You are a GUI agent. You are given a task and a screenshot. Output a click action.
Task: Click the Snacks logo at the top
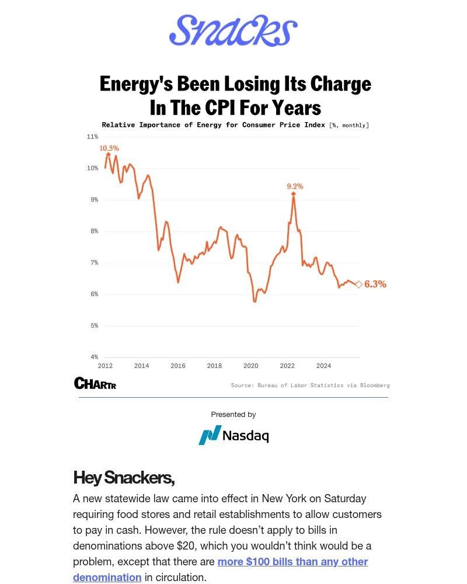tap(233, 30)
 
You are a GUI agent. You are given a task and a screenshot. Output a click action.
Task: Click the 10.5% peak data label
tap(109, 148)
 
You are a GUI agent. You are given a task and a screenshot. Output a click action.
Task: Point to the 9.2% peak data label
tap(295, 186)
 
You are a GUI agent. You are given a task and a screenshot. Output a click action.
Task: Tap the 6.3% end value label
tap(375, 284)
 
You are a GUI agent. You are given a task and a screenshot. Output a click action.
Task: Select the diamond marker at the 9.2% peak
tap(294, 194)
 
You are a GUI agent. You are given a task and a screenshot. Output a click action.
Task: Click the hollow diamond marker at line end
tap(359, 284)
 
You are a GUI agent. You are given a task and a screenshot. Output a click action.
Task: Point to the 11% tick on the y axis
tap(92, 137)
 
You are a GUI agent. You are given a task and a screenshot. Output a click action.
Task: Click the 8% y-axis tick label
tap(92, 231)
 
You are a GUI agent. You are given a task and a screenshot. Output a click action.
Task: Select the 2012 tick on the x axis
tap(105, 366)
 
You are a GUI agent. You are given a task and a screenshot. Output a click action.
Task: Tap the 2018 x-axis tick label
tap(214, 366)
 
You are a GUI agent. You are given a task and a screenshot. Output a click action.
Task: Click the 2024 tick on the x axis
tap(323, 366)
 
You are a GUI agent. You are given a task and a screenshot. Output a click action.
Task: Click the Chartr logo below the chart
tap(95, 383)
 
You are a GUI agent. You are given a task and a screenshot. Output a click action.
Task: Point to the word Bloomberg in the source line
tap(375, 385)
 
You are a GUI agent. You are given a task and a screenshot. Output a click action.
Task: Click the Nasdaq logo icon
tap(210, 435)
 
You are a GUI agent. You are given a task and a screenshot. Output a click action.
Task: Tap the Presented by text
tap(233, 415)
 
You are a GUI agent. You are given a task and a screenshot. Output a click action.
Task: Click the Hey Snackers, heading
tap(124, 478)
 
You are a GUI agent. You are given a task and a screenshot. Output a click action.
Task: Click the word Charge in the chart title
tap(343, 84)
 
